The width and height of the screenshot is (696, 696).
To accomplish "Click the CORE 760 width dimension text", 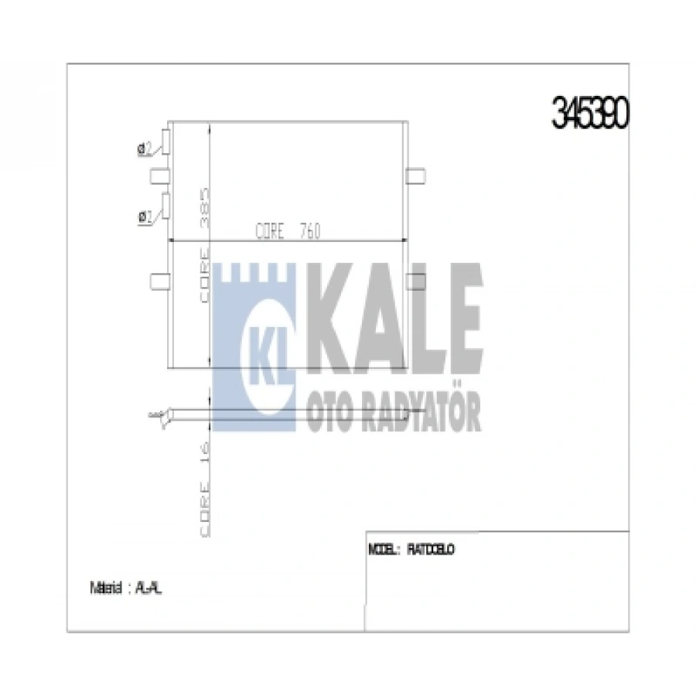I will pyautogui.click(x=287, y=231).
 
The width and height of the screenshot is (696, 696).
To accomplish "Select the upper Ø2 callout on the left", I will pyautogui.click(x=143, y=149).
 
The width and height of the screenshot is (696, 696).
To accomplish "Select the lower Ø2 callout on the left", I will pyautogui.click(x=143, y=217).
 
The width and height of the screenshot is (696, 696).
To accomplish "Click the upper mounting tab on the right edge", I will pyautogui.click(x=417, y=176).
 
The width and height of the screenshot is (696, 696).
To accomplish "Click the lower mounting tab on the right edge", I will pyautogui.click(x=417, y=278).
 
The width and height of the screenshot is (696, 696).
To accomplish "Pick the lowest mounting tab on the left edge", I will pyautogui.click(x=159, y=278).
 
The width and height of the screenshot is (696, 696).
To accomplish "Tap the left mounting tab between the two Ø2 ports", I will pyautogui.click(x=159, y=176).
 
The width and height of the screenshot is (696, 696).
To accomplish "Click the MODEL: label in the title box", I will pyautogui.click(x=384, y=550).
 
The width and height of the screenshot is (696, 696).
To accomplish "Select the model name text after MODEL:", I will pyautogui.click(x=430, y=550).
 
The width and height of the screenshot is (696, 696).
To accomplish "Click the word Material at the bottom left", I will pyautogui.click(x=105, y=588).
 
